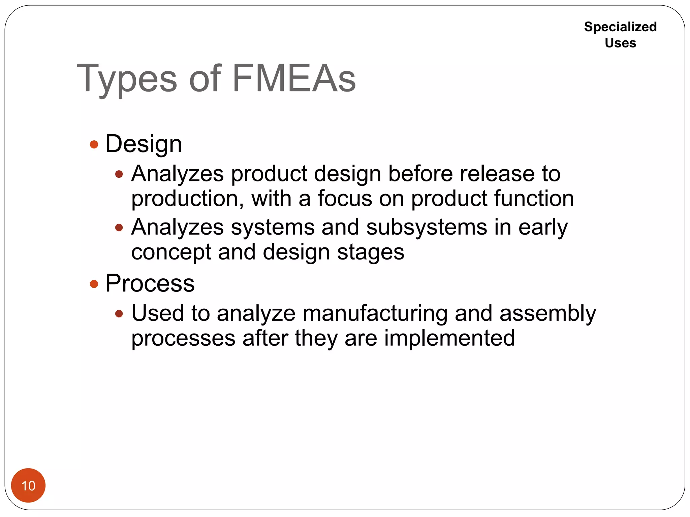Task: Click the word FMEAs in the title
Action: point(294,79)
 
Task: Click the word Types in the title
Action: point(127,79)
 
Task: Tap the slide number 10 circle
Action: point(28,485)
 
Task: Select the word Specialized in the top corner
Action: point(620,27)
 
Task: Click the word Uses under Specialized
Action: point(620,43)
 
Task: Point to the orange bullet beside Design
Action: point(94,145)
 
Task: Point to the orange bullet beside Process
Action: point(94,284)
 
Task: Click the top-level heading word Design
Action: point(144,144)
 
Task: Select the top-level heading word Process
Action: point(150,283)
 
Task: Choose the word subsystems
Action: point(427,227)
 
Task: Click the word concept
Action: point(171,252)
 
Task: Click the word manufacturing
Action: point(375,313)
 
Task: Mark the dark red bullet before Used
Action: point(119,314)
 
